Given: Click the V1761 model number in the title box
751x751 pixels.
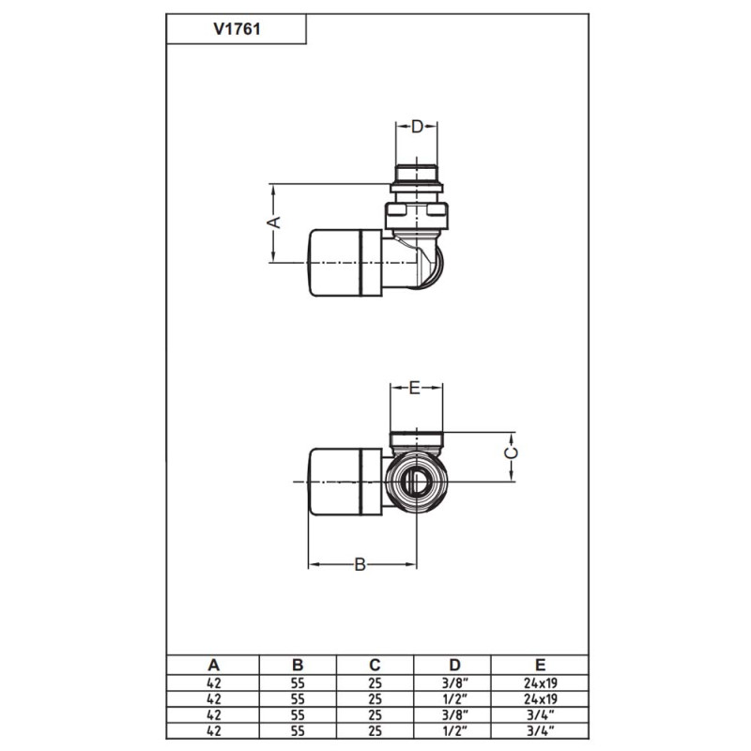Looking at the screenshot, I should (236, 29).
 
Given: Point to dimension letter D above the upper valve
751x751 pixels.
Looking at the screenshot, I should (418, 126).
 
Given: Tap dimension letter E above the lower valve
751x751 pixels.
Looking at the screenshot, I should (418, 386).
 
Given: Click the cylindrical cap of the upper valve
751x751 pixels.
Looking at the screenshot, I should (344, 261).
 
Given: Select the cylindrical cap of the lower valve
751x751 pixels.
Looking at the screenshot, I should (344, 482).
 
